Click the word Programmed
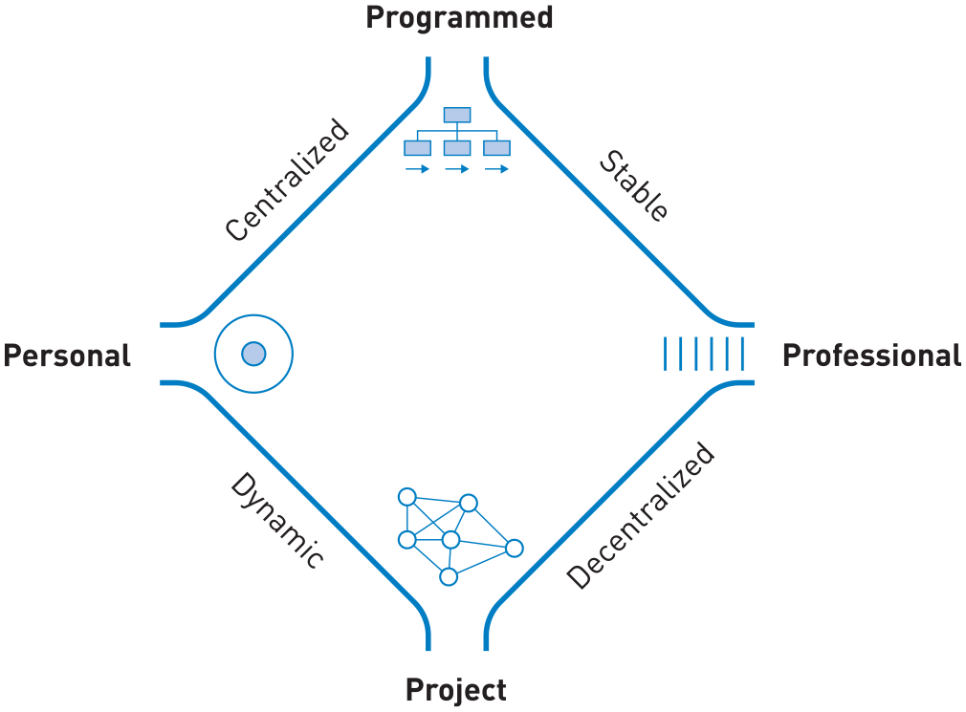(x=459, y=18)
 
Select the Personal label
(x=67, y=356)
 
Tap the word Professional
(x=871, y=356)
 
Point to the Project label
(x=456, y=690)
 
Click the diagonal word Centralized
(x=287, y=180)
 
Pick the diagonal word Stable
(x=634, y=185)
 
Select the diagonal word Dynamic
(x=276, y=520)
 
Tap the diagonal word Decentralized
(x=641, y=516)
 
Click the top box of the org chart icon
(x=457, y=115)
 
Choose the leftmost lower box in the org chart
(x=417, y=148)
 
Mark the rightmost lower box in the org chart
(x=496, y=148)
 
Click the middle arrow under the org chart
(x=457, y=169)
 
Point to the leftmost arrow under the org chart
(x=417, y=169)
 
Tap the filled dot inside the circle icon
(x=253, y=354)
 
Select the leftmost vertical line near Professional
(x=666, y=354)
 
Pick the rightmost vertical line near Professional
(x=743, y=354)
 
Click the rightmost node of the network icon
(x=515, y=548)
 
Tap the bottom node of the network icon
(x=449, y=576)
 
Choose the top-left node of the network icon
(x=407, y=497)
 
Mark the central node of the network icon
(x=451, y=540)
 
